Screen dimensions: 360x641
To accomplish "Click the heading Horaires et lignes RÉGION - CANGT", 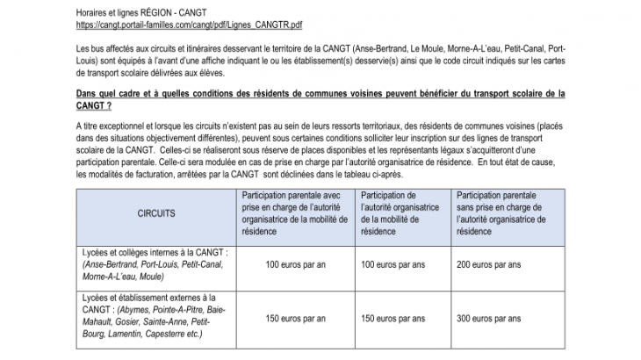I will pos(133,10).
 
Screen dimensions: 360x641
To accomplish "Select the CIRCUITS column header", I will pos(155,212).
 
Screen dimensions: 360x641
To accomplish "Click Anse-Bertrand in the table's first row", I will pos(111,263).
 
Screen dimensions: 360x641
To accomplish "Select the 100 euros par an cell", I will pos(295,263).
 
